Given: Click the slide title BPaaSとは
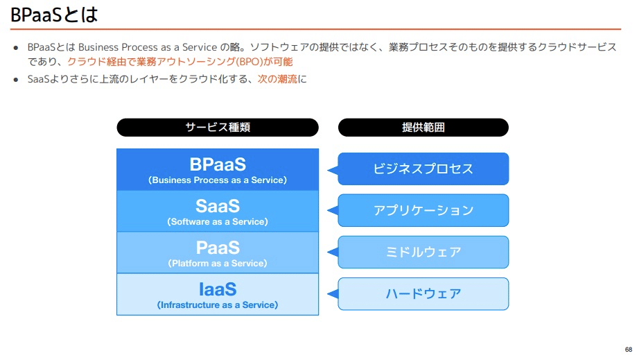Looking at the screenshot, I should tap(54, 14).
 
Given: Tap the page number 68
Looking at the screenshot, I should tap(628, 349).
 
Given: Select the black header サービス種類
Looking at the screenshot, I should tap(218, 128).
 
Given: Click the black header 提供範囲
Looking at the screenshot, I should tap(423, 128).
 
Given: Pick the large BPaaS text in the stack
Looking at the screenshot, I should tap(218, 164).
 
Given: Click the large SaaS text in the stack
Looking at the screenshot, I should tap(218, 206).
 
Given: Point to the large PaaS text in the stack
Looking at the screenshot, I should tap(218, 248).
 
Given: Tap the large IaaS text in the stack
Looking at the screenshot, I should tap(218, 289).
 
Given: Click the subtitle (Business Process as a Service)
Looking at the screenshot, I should tap(218, 180).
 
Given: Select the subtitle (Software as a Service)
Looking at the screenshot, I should tap(218, 222).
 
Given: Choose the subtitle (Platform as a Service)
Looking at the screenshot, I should tap(218, 264).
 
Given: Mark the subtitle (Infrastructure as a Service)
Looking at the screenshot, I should tap(218, 305).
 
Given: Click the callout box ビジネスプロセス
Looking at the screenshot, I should tap(424, 169).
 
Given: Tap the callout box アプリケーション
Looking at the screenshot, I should tap(424, 210).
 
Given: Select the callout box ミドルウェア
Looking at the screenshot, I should tap(424, 252).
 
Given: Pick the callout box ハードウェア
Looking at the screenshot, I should tap(424, 293).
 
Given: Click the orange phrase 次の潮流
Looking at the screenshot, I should tap(277, 79).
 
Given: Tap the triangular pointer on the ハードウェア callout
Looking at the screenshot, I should tap(333, 294).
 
